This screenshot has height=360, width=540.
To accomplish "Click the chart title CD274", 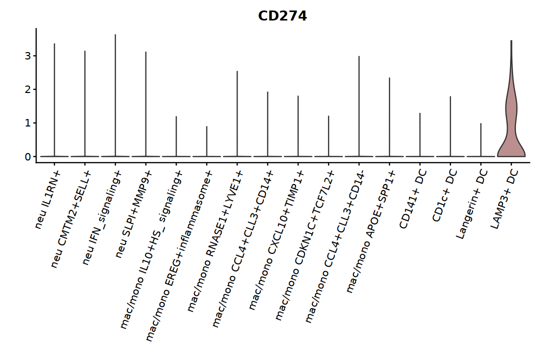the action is [282, 16].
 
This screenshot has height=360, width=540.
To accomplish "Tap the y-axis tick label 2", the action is [28, 89].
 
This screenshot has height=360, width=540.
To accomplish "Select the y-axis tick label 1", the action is [28, 123].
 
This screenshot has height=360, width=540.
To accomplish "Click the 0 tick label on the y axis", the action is [28, 156].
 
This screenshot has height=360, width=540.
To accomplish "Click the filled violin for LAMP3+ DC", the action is [511, 131].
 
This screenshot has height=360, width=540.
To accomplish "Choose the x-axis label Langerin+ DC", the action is [472, 204].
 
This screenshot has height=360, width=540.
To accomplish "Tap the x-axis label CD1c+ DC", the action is [444, 195].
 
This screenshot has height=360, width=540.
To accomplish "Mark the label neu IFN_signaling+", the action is [102, 216].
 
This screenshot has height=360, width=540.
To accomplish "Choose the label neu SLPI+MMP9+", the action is [133, 213].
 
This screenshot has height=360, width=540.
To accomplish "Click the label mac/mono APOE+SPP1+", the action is [371, 231].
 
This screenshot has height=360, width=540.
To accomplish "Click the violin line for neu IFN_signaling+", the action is [115, 95].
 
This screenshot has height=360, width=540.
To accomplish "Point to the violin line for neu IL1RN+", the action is [54, 100].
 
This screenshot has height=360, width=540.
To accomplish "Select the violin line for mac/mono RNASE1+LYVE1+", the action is [237, 113].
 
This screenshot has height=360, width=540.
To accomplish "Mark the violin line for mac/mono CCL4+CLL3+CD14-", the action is [359, 106].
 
